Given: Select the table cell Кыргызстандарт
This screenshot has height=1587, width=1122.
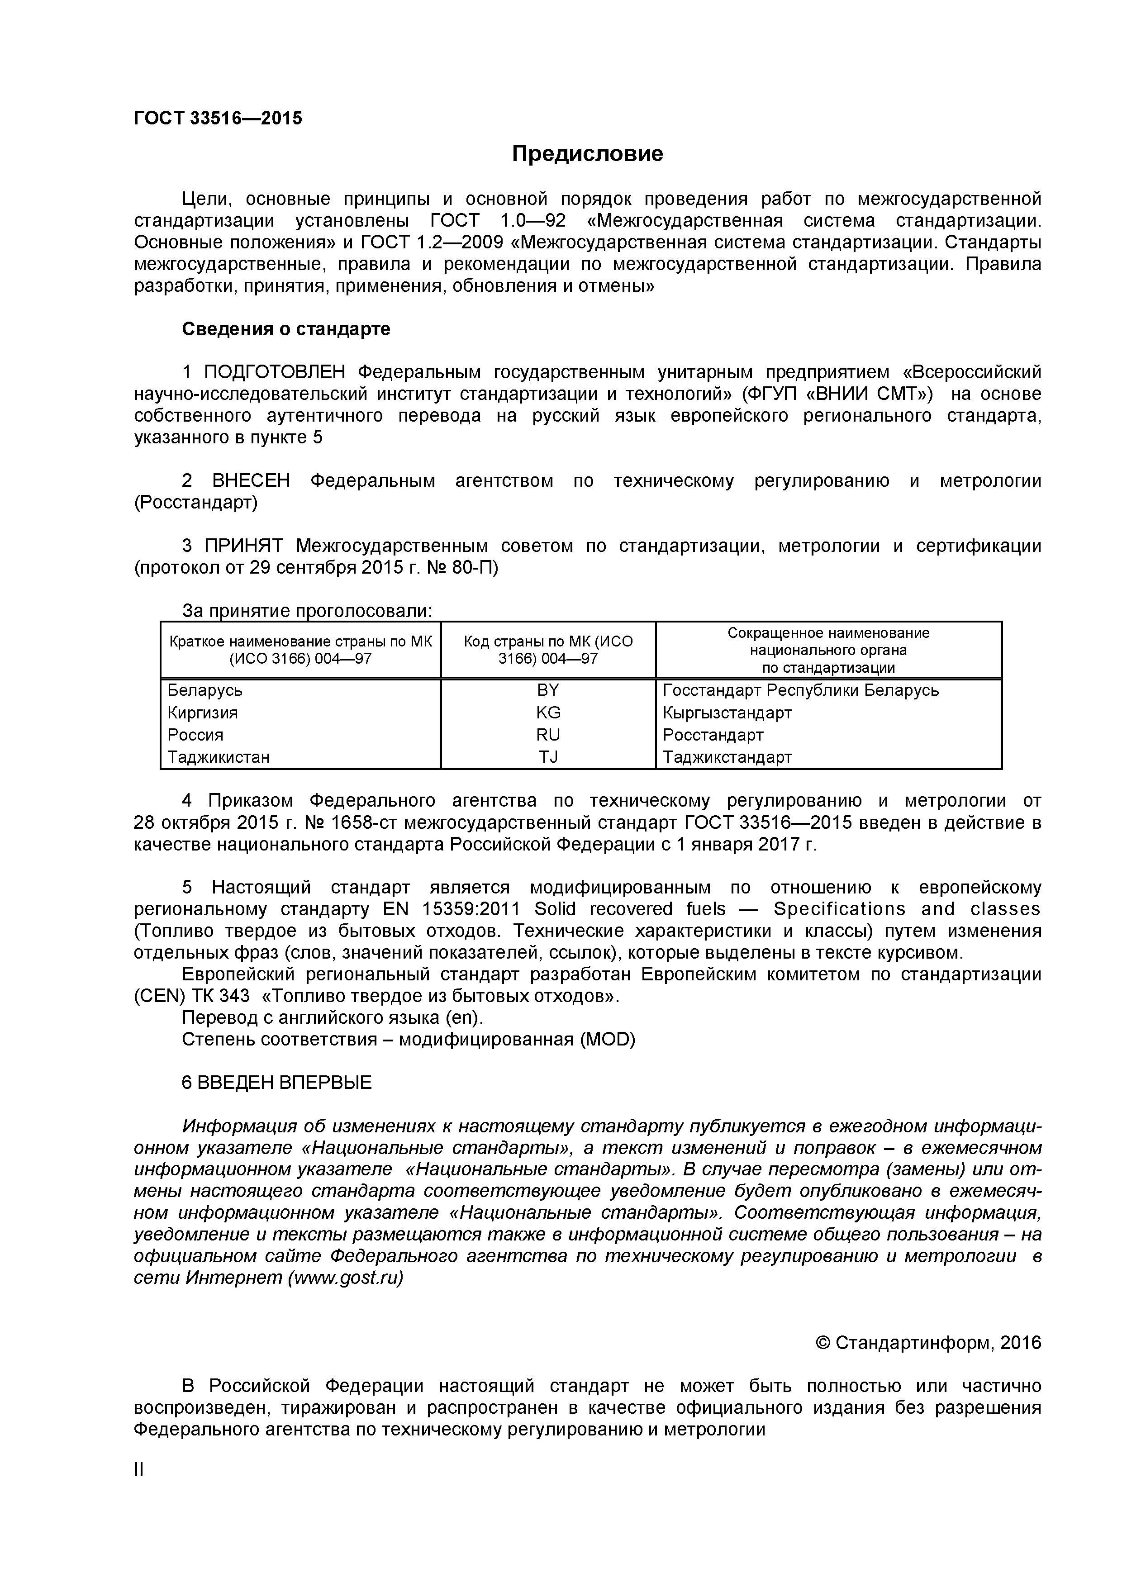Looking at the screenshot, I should (727, 712).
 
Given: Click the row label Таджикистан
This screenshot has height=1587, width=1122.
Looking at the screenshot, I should (219, 757).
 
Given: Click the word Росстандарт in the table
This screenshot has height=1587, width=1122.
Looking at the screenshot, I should (713, 734).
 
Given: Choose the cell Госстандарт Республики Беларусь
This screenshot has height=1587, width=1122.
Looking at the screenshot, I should (800, 690).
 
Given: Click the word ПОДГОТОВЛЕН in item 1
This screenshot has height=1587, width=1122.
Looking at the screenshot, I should (275, 373).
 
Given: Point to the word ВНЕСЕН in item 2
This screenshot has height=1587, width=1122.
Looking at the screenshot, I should (251, 481).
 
